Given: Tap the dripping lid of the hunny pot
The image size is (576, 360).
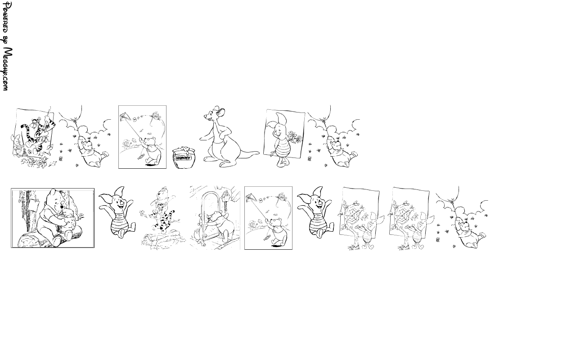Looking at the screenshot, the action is point(184,150).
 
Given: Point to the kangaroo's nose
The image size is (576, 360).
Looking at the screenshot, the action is point(205,117).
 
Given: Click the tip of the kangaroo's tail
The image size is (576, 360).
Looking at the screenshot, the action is point(259,152).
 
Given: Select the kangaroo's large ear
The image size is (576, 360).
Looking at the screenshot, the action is point(221,112).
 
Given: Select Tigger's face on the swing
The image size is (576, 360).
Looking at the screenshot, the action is point(34,125).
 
